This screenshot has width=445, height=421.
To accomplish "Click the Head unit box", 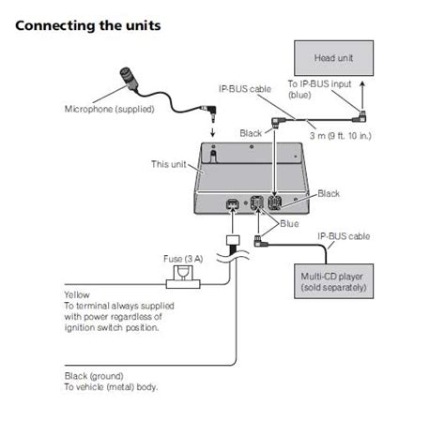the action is [333, 58].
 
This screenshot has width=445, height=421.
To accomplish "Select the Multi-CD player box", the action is [333, 281].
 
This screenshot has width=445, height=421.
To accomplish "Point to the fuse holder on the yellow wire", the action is [183, 278].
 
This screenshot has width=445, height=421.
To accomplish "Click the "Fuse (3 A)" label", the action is [183, 259].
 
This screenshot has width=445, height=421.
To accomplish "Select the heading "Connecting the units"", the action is [88, 25].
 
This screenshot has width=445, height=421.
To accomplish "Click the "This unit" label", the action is [168, 164].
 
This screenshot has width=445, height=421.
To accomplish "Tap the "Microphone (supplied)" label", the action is [109, 109].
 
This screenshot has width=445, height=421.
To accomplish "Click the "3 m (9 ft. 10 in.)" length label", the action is [340, 136].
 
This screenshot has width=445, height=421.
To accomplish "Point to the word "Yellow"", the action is [77, 294].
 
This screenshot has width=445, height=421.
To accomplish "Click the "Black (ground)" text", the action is [94, 376].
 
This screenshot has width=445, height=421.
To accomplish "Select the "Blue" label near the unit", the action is [289, 224].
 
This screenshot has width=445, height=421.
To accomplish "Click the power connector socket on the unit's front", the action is [233, 203].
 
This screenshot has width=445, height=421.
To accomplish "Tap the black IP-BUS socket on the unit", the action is [274, 203].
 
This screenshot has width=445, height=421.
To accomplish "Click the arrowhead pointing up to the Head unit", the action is [362, 83].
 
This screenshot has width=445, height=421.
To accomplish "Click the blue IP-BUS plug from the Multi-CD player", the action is [260, 241].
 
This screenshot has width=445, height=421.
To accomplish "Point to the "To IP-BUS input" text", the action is [319, 84].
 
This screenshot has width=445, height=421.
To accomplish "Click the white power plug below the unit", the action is [233, 240].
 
